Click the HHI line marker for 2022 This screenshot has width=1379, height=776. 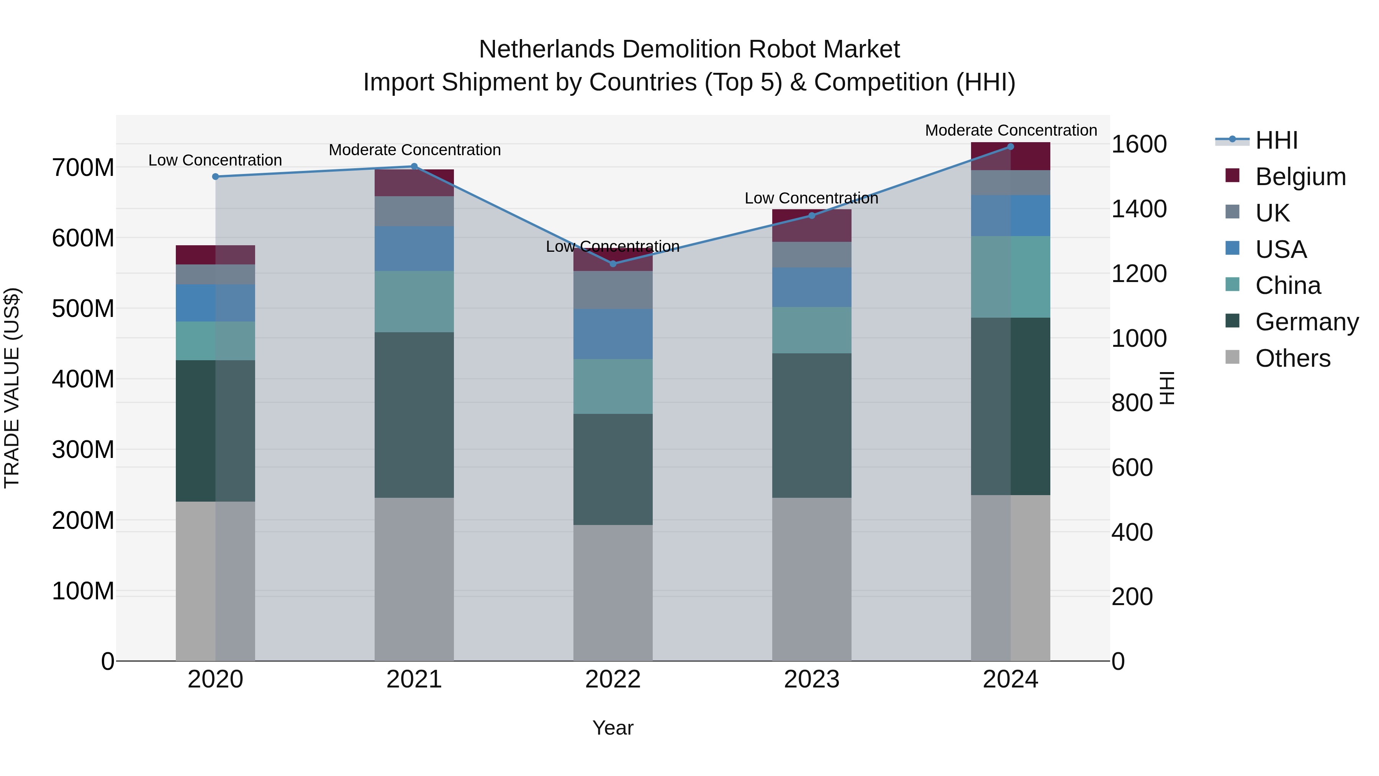click(613, 264)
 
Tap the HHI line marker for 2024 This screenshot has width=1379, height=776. click(1010, 147)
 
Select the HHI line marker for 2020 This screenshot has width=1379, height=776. click(215, 177)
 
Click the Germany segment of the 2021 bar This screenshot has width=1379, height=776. click(414, 415)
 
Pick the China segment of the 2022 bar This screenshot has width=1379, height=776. click(613, 386)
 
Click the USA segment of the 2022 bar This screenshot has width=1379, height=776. click(613, 334)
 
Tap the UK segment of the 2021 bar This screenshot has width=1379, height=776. click(414, 211)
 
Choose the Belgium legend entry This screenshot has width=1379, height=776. click(1300, 177)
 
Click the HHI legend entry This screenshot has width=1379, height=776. click(1276, 140)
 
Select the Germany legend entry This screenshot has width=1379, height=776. click(1306, 322)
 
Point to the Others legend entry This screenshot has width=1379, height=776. click(1292, 358)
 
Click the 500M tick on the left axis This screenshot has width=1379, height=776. click(83, 309)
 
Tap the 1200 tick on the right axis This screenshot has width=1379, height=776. click(1139, 274)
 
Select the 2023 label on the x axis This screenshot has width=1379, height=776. click(812, 679)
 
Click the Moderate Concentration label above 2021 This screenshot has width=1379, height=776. click(414, 150)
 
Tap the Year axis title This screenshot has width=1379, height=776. click(613, 728)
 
